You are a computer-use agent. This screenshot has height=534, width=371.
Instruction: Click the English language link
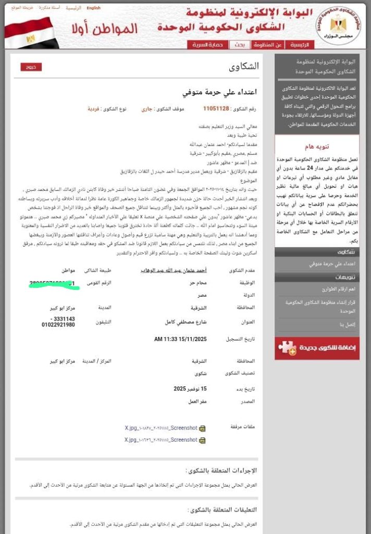pyautogui.click(x=94, y=8)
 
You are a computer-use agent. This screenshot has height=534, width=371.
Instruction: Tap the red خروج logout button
pyautogui.click(x=31, y=67)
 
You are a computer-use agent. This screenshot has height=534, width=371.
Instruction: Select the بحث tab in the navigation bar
pyautogui.click(x=239, y=45)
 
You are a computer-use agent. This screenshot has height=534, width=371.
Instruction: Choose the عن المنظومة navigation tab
pyautogui.click(x=268, y=45)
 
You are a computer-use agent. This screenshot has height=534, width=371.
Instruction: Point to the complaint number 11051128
pyautogui.click(x=216, y=109)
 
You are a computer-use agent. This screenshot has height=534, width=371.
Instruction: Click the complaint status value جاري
pyautogui.click(x=147, y=110)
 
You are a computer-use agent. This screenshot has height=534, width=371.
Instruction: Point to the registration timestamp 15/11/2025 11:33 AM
pyautogui.click(x=181, y=339)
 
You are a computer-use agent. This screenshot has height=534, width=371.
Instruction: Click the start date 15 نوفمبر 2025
pyautogui.click(x=190, y=389)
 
